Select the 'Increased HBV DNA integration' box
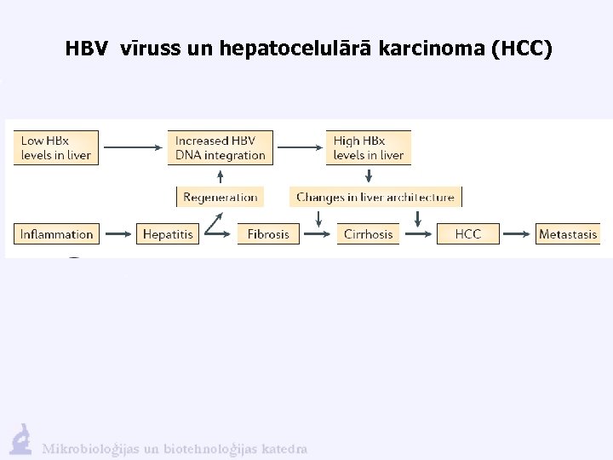pyautogui.click(x=221, y=147)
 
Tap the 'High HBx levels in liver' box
pyautogui.click(x=369, y=147)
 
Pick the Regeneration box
pyautogui.click(x=221, y=197)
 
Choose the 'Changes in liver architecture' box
pyautogui.click(x=375, y=197)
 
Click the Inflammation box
pyautogui.click(x=56, y=233)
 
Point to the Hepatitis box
pyautogui.click(x=168, y=233)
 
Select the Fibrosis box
pyautogui.click(x=269, y=233)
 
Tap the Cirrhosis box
pyautogui.click(x=369, y=233)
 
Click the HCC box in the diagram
pyautogui.click(x=467, y=233)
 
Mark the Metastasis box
pyautogui.click(x=568, y=233)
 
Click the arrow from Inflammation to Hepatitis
pyautogui.click(x=117, y=233)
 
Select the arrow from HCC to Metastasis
pyautogui.click(x=518, y=233)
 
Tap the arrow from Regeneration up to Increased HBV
pyautogui.click(x=221, y=176)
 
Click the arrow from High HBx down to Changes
pyautogui.click(x=369, y=175)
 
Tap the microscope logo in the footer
pyautogui.click(x=20, y=439)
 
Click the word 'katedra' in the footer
pyautogui.click(x=284, y=449)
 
